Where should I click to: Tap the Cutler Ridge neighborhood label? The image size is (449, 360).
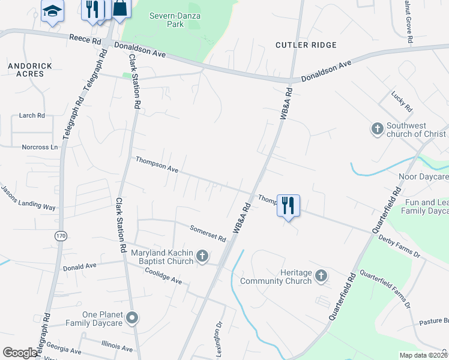point(306,45)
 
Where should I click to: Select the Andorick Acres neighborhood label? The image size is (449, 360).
point(29,70)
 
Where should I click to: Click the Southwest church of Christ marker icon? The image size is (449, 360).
point(377,129)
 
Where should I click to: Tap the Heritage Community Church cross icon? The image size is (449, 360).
point(321,276)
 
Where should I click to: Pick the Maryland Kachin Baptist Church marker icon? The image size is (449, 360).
point(202,257)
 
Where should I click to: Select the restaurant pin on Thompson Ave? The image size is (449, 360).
point(288,206)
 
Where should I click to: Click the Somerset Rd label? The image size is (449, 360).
point(208,233)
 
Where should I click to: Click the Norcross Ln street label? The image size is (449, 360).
point(40,147)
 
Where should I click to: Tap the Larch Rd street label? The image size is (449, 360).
point(32,115)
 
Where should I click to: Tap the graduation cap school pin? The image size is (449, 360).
point(53,10)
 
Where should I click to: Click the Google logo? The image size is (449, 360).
point(20,353)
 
